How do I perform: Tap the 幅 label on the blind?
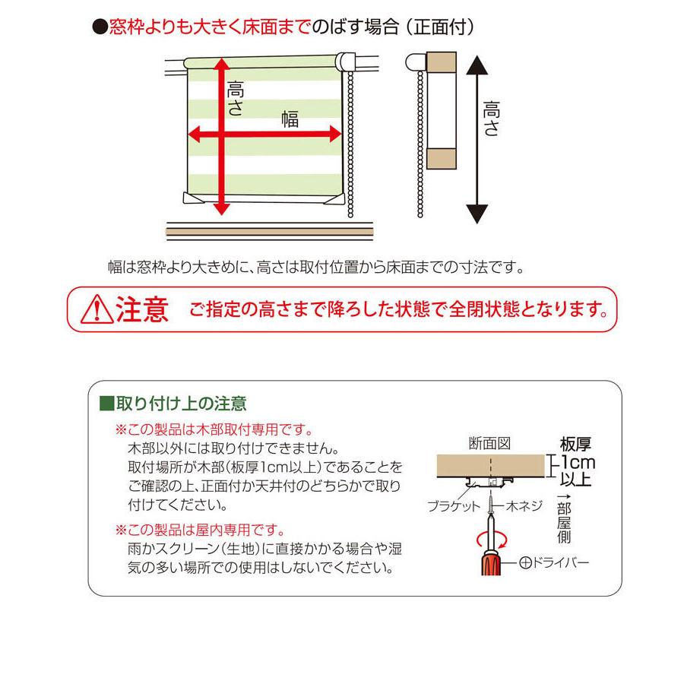(x=290, y=119)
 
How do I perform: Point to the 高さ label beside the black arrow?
(x=491, y=120)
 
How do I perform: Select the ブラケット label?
(x=452, y=505)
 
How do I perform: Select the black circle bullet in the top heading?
(x=97, y=28)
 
